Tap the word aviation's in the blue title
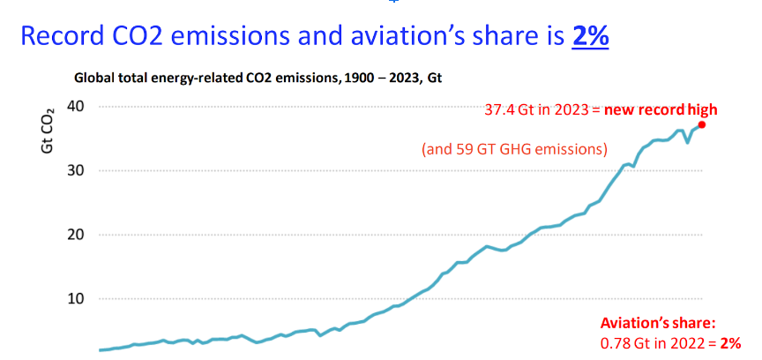(364, 38)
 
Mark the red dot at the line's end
(702, 124)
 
